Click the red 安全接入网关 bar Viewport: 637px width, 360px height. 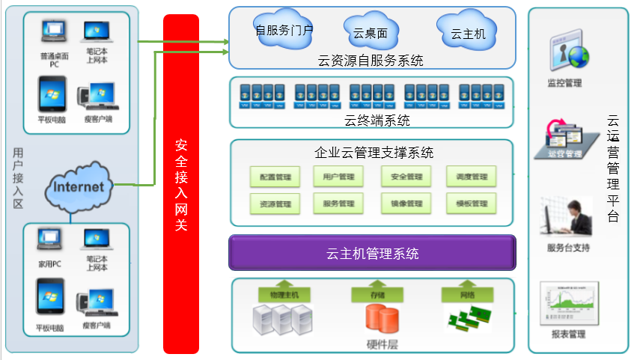coord(180,183)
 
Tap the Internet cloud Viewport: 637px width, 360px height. coord(79,186)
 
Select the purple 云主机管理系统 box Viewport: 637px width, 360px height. coord(372,253)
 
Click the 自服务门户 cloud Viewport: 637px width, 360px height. coord(284,29)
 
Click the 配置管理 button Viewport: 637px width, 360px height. coord(275,177)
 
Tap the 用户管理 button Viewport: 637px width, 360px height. coord(338,177)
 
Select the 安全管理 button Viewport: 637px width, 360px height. coord(406,177)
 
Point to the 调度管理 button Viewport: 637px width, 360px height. coord(471,177)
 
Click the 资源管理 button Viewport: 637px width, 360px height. coord(275,204)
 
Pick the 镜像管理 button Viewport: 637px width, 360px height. coord(406,204)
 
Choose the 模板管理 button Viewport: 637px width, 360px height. coord(471,204)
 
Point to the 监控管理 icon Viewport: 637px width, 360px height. coord(567,52)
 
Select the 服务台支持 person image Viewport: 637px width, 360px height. coord(565,218)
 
